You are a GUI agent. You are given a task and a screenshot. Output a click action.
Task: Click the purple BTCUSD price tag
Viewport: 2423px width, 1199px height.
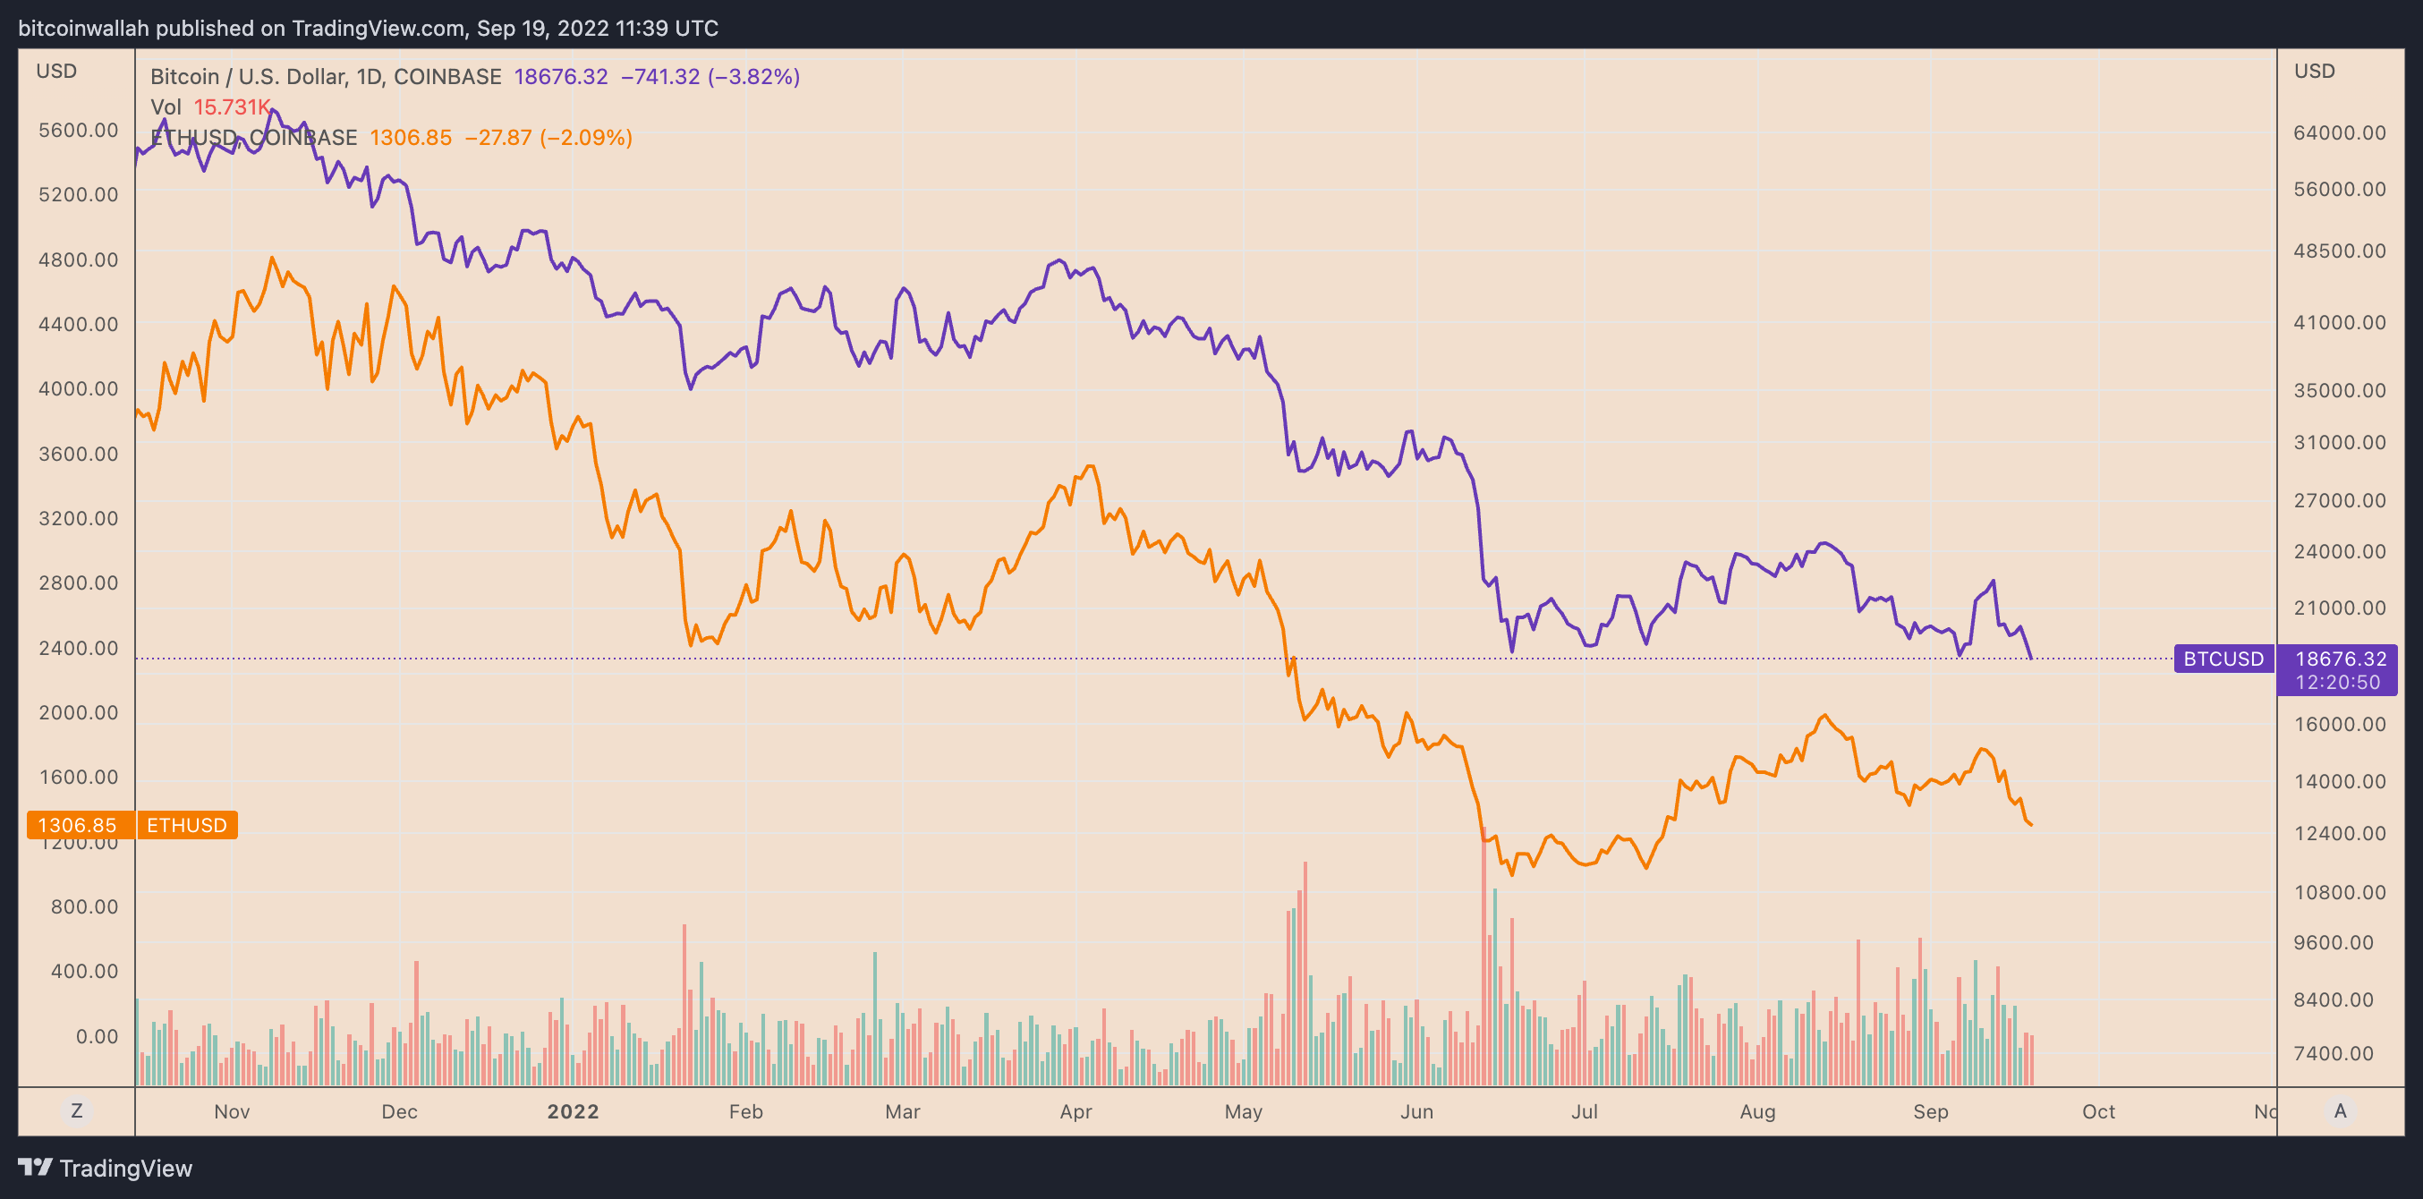click(x=2223, y=659)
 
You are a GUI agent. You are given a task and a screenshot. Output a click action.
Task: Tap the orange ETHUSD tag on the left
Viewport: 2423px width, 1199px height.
click(x=186, y=825)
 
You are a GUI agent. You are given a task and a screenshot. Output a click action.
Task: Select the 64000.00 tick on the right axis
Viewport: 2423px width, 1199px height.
click(x=2338, y=132)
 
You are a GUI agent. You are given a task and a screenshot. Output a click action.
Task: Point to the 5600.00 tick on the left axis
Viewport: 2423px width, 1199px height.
click(x=79, y=130)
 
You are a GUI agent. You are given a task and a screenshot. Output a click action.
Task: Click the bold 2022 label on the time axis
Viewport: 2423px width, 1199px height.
click(x=573, y=1111)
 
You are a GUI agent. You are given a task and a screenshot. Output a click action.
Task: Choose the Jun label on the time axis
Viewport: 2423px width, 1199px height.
click(x=1416, y=1111)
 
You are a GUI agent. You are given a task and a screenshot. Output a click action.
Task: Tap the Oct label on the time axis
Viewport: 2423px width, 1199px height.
click(x=2097, y=1111)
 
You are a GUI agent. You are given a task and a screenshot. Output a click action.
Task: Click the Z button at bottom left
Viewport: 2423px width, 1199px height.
click(x=77, y=1110)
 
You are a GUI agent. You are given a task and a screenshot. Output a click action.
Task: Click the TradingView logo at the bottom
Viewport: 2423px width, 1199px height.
click(x=106, y=1168)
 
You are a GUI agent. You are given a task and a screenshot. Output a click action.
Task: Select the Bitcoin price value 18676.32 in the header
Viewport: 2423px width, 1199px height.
click(x=561, y=76)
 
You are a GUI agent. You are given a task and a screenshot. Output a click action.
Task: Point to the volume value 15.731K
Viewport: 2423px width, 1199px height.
click(x=232, y=107)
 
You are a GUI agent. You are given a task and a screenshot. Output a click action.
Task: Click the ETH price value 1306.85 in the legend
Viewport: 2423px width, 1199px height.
click(x=410, y=137)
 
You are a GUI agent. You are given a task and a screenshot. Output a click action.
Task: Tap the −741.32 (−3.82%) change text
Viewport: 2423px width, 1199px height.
click(x=710, y=76)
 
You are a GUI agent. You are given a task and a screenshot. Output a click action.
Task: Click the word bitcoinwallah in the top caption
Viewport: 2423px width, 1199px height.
click(x=84, y=29)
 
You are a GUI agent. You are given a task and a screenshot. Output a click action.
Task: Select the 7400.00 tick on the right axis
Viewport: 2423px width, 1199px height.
click(x=2338, y=1053)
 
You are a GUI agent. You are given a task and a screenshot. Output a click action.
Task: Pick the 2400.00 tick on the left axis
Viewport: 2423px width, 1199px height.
click(x=79, y=648)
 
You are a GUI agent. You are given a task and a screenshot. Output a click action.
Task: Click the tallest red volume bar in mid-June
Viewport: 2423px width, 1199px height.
click(x=1484, y=959)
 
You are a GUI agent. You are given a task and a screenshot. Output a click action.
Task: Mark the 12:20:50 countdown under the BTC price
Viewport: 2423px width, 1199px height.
click(x=2336, y=683)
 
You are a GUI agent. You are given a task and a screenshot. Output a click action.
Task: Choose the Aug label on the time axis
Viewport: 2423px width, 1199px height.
click(x=1757, y=1111)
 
